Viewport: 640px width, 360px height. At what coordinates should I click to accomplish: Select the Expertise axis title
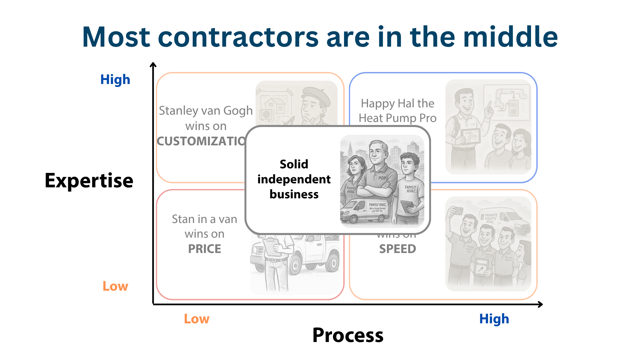coord(89,180)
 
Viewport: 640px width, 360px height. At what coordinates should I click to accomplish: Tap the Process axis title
coord(348,335)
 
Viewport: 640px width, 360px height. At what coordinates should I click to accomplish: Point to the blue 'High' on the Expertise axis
coord(115,80)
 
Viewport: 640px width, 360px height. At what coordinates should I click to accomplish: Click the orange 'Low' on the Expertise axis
coord(115,286)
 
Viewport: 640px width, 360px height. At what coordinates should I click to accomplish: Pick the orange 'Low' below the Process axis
coord(197,319)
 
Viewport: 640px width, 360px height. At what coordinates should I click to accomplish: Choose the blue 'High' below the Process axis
coord(494,319)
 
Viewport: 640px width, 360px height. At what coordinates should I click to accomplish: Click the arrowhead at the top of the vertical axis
coord(153,64)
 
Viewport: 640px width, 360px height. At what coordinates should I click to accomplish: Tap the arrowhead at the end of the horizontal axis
coord(540,304)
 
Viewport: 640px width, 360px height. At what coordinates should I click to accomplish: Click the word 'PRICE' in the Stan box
coord(204,249)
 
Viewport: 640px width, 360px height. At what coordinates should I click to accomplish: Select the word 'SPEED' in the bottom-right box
coord(397,249)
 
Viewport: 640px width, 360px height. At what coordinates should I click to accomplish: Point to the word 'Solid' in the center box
coord(294,164)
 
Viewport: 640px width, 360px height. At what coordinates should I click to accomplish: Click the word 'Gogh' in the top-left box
coord(238,111)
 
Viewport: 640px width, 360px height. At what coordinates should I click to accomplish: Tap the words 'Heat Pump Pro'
coord(397,118)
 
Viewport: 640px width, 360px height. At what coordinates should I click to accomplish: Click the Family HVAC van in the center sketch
coord(365,210)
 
